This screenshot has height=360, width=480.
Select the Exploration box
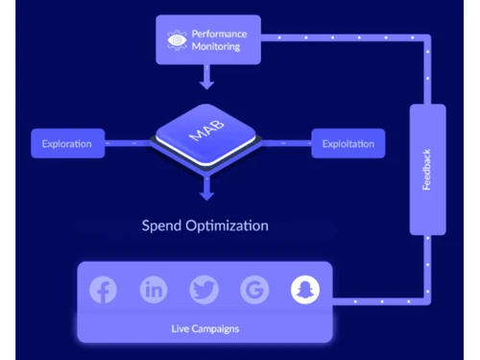click(x=67, y=145)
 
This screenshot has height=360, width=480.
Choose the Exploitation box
click(x=348, y=145)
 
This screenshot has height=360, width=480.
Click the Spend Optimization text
click(x=205, y=227)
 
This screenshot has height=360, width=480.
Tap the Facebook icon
click(x=103, y=290)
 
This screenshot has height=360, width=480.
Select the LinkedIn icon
click(x=154, y=290)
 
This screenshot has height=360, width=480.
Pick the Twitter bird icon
click(x=204, y=290)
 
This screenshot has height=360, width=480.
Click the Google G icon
click(x=254, y=290)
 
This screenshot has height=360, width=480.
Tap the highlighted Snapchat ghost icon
click(x=305, y=290)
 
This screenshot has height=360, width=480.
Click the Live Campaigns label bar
click(x=204, y=329)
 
